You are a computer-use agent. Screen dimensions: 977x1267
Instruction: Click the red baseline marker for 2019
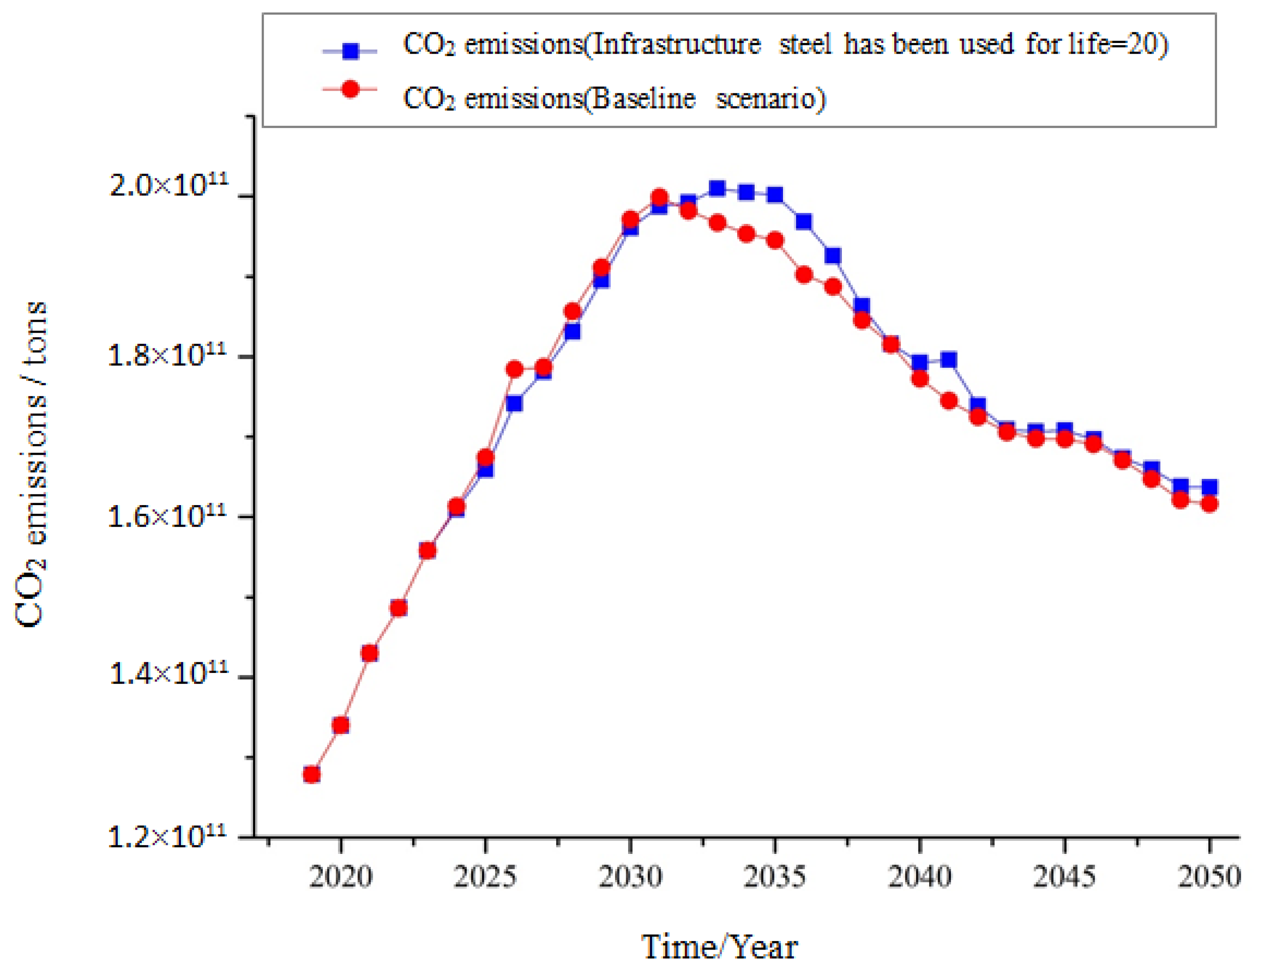click(312, 775)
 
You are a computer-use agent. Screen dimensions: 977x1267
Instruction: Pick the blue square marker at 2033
click(717, 188)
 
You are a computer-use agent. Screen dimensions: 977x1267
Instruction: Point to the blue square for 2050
click(1210, 487)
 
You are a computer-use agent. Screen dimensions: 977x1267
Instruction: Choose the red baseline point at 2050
click(1210, 504)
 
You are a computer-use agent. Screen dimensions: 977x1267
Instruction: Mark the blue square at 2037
click(833, 256)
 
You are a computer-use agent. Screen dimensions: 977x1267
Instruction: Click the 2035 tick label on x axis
click(774, 877)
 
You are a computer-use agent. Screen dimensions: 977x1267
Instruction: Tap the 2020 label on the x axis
click(341, 877)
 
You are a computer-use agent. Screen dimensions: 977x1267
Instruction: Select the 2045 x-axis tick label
click(1065, 877)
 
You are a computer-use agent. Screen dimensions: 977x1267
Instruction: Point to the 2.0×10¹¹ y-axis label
click(168, 185)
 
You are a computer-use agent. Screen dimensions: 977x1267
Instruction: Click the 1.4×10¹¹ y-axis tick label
click(168, 674)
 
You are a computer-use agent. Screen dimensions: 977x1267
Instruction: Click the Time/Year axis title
click(719, 948)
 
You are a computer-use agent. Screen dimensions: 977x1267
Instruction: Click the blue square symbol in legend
click(351, 51)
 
